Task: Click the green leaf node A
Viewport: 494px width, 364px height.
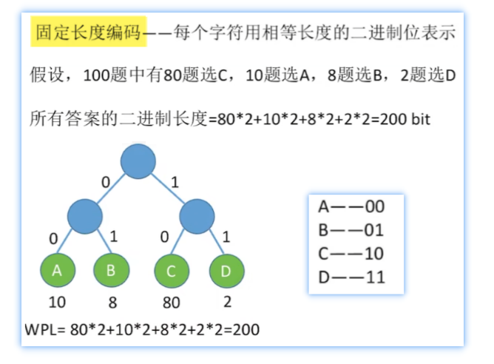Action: (x=58, y=271)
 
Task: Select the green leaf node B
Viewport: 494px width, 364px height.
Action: (x=110, y=271)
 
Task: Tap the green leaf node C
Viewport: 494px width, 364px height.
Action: (x=172, y=272)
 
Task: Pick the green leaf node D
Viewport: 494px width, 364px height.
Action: (x=226, y=272)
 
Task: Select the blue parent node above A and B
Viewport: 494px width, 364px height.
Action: (x=84, y=216)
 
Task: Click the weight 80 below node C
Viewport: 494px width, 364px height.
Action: (x=172, y=303)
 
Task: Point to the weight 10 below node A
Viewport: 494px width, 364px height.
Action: (x=58, y=303)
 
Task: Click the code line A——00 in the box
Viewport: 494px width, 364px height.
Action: (x=351, y=206)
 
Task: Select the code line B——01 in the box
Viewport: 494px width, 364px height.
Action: (x=351, y=229)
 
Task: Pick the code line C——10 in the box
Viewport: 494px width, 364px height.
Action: (x=351, y=254)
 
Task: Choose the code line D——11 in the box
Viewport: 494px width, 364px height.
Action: (x=351, y=277)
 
